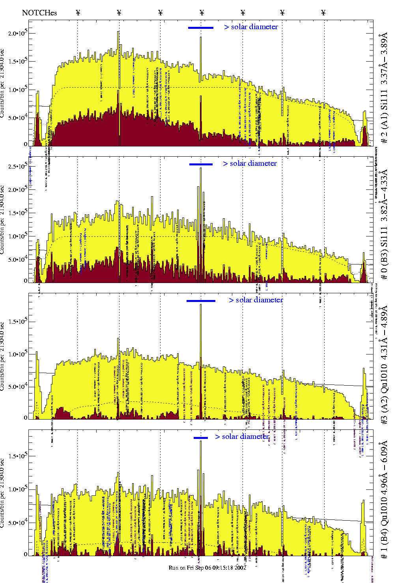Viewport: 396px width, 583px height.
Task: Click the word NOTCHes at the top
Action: point(39,13)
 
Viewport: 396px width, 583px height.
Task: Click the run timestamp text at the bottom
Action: point(207,568)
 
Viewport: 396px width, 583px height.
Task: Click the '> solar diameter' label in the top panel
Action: point(251,27)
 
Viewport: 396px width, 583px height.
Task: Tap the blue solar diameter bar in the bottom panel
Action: point(201,438)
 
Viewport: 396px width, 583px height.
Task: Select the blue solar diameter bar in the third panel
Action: point(201,301)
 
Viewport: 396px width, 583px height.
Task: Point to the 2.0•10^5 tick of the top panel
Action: point(17,33)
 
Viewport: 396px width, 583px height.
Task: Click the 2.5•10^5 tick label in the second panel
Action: point(17,166)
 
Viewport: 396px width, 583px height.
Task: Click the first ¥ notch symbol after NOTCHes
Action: point(78,13)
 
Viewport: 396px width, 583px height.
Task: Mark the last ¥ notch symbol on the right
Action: point(323,13)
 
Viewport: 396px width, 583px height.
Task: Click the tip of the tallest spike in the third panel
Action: point(201,305)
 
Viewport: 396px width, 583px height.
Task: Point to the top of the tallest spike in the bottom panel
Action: point(201,441)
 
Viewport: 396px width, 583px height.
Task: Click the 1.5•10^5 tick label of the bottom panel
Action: point(17,456)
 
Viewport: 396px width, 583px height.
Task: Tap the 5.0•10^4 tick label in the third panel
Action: point(17,387)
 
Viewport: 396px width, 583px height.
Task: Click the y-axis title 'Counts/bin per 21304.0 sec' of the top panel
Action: point(3,83)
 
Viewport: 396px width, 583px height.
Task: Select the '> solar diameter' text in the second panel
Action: point(250,163)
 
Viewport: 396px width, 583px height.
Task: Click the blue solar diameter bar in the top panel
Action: point(201,28)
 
